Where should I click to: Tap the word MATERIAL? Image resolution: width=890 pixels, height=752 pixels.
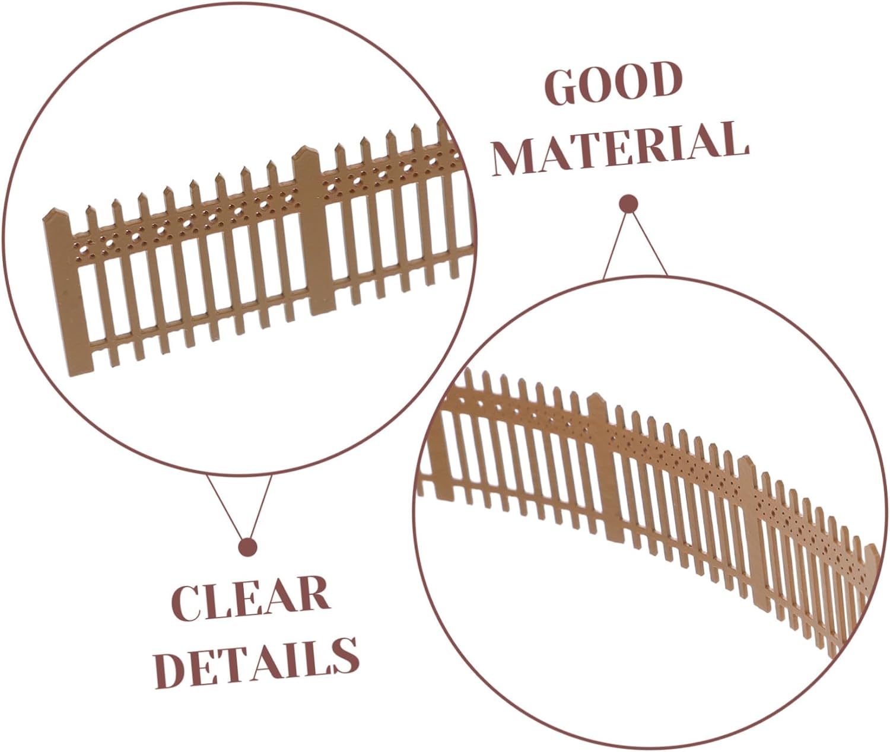click(620, 148)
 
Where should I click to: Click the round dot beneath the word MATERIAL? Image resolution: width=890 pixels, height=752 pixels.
click(628, 203)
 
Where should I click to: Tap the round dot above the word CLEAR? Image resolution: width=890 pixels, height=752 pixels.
click(247, 547)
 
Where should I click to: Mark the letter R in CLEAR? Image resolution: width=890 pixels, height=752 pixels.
click(314, 594)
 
